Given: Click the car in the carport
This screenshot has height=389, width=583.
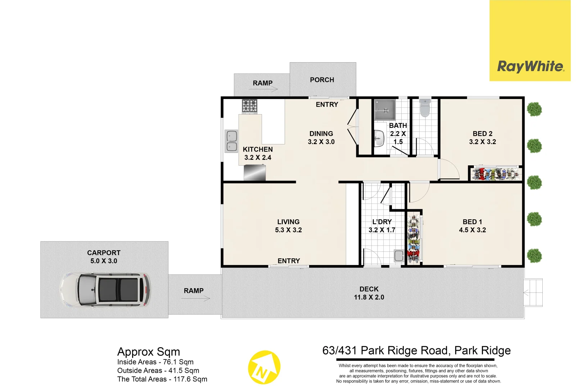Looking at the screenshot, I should (x=105, y=290).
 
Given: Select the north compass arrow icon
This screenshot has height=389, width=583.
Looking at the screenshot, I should (x=264, y=367).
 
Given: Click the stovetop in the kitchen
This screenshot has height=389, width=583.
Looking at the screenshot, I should (x=249, y=106).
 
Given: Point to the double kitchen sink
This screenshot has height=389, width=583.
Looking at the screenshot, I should (x=231, y=141).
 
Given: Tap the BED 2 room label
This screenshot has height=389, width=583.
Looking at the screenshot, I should (x=482, y=134).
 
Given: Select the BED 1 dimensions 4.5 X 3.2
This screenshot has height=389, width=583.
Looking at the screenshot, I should (x=472, y=230).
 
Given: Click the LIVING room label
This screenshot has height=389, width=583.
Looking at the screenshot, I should (x=288, y=222).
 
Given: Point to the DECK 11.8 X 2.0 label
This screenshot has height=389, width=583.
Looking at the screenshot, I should (x=369, y=293).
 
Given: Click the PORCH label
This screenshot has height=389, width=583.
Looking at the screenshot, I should (x=322, y=80).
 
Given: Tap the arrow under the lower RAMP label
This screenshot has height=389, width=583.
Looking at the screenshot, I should (x=196, y=298).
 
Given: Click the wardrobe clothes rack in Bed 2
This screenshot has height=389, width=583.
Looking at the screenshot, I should (x=496, y=174).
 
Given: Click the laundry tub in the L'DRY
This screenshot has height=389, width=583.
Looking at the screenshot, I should (x=399, y=255).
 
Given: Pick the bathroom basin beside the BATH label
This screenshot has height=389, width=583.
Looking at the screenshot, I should (x=379, y=139).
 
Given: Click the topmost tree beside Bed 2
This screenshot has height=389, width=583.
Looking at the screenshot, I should (x=534, y=109).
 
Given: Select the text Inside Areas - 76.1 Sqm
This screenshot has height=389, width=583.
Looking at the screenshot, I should (x=155, y=362).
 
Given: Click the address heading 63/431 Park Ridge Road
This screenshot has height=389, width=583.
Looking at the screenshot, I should (x=416, y=350).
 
